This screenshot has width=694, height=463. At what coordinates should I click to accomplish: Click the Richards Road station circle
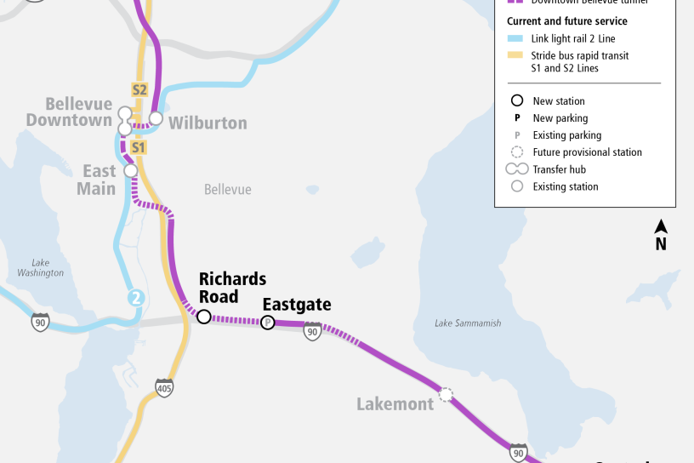[204, 317]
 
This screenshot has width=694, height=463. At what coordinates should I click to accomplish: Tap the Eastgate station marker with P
[268, 322]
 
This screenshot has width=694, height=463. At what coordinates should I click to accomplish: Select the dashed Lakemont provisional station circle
[444, 395]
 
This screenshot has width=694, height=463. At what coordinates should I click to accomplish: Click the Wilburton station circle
[156, 118]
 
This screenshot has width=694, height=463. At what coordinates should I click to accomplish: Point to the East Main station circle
[131, 171]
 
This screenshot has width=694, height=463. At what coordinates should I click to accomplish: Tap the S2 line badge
[139, 89]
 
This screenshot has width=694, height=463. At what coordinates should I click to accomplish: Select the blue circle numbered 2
[135, 298]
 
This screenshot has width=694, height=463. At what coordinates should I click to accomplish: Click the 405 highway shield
[164, 388]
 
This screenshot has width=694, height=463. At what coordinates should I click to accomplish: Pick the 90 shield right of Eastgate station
[313, 331]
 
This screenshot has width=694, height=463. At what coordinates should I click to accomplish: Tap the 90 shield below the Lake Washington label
[40, 322]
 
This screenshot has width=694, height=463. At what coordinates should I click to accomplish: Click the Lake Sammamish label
[468, 323]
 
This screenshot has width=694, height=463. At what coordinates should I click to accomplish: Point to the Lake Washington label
[40, 267]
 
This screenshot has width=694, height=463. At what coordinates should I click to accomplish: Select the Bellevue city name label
[227, 189]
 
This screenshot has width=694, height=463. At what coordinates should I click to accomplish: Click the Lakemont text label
[395, 403]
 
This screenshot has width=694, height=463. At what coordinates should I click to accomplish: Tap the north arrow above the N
[661, 226]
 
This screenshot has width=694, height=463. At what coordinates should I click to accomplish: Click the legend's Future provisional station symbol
[515, 152]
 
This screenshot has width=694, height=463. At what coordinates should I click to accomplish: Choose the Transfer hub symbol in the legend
[515, 169]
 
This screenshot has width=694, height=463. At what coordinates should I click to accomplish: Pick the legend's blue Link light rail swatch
[515, 39]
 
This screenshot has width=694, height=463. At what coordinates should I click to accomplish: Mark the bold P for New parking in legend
[515, 118]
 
